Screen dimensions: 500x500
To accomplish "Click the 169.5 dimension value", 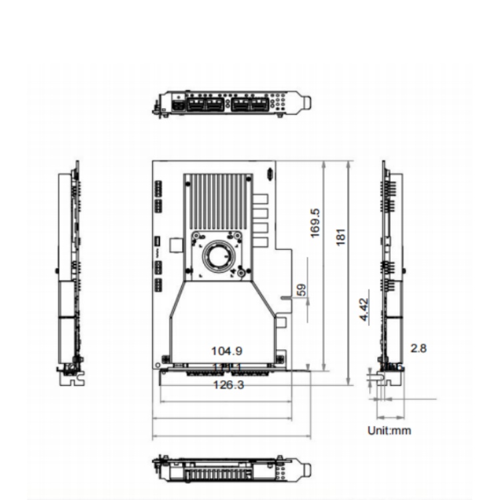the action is [x=315, y=223].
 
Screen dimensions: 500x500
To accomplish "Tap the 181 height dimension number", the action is [x=341, y=237].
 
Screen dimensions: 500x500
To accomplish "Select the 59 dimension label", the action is [x=301, y=290].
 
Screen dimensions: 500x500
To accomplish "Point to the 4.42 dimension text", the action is [x=364, y=309].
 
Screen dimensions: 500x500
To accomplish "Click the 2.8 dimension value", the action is [x=419, y=348].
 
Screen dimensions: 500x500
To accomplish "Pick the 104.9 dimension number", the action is [x=227, y=351].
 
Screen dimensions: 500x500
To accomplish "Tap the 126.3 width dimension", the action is [x=228, y=385].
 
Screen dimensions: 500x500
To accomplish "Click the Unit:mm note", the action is [x=389, y=431].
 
